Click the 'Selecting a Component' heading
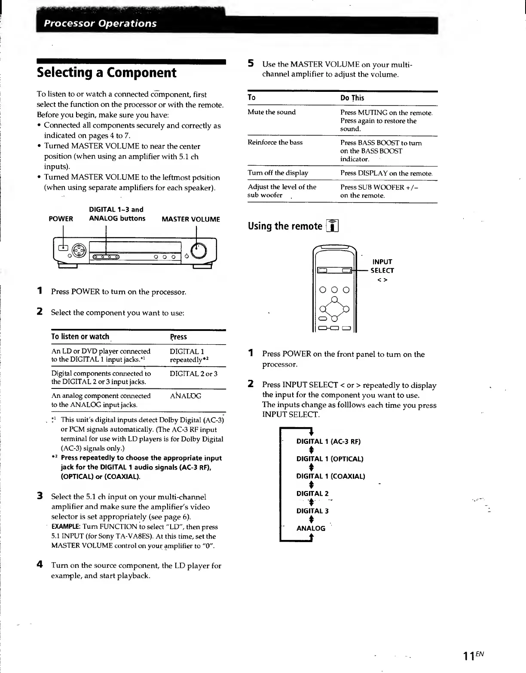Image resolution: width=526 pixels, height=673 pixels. [x=107, y=73]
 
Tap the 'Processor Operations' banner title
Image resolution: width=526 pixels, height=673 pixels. [x=101, y=23]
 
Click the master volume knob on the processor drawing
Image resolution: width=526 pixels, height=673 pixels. [x=198, y=250]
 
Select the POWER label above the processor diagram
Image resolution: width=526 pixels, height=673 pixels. [x=61, y=219]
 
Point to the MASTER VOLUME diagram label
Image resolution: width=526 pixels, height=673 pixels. [x=190, y=219]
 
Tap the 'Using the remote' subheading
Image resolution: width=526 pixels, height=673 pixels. [x=285, y=226]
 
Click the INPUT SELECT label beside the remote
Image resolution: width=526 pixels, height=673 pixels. [x=382, y=266]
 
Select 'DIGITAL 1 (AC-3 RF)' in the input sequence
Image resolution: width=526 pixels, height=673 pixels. [x=328, y=442]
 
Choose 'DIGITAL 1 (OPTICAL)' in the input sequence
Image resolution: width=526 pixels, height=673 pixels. [x=330, y=459]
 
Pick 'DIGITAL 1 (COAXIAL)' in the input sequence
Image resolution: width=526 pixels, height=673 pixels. [x=330, y=476]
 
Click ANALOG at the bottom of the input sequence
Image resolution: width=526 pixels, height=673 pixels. [x=311, y=528]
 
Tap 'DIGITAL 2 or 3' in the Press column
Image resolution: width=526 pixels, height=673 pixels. [x=193, y=374]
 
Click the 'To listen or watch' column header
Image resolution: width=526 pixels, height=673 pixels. [x=80, y=337]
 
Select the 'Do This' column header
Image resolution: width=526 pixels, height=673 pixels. [x=352, y=98]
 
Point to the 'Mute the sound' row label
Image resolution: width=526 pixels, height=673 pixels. [x=272, y=112]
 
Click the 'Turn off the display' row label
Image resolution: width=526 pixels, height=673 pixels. [x=278, y=173]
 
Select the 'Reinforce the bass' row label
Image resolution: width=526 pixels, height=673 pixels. [x=275, y=142]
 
